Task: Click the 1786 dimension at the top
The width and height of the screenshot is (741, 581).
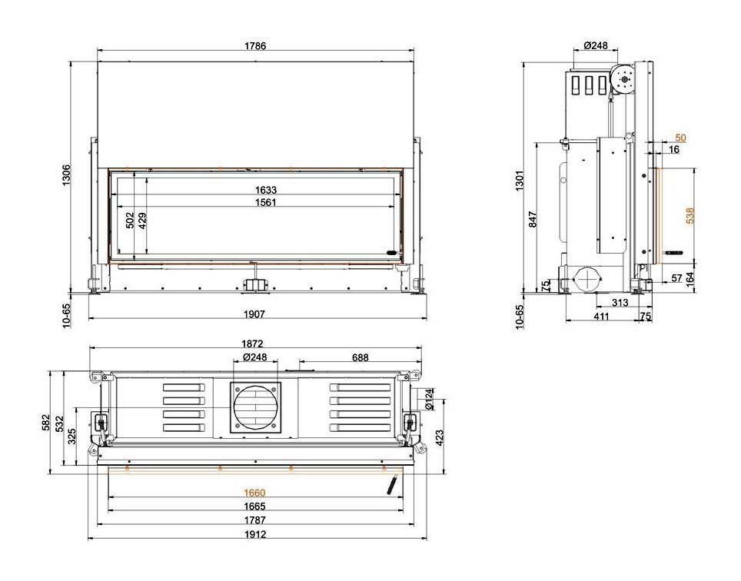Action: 255,46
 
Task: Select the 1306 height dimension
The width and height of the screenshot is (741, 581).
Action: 66,178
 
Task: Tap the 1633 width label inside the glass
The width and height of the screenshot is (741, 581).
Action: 266,190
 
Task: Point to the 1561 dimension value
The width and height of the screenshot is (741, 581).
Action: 266,202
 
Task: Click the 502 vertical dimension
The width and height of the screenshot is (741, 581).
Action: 130,220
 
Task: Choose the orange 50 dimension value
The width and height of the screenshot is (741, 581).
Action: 680,138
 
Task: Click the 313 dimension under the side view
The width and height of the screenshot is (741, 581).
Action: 620,303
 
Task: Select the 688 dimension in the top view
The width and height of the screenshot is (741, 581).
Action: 359,357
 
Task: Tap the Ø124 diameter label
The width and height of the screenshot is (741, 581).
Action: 429,398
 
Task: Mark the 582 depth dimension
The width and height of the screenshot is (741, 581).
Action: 47,422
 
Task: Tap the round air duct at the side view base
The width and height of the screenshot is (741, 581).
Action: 588,278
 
